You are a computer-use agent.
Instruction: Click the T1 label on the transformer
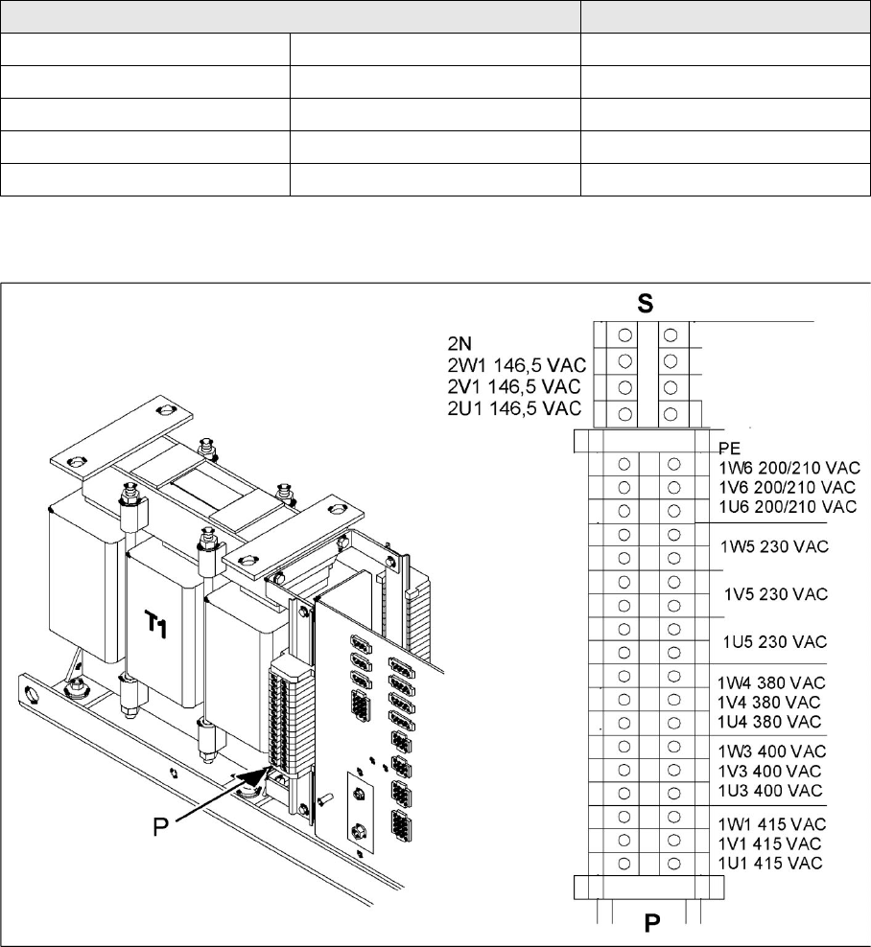[x=156, y=623]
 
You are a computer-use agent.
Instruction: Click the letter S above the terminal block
[x=645, y=303]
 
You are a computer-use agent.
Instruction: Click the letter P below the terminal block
[x=651, y=923]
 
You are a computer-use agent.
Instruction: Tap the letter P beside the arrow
[x=161, y=827]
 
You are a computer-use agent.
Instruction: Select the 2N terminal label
[x=459, y=344]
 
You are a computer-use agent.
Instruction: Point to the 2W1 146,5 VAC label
[x=517, y=365]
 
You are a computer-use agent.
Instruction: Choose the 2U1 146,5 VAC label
[x=514, y=408]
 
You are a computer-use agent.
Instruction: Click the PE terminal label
[x=730, y=449]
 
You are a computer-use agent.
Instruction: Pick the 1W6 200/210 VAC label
[x=789, y=468]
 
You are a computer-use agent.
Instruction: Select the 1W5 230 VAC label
[x=774, y=546]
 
